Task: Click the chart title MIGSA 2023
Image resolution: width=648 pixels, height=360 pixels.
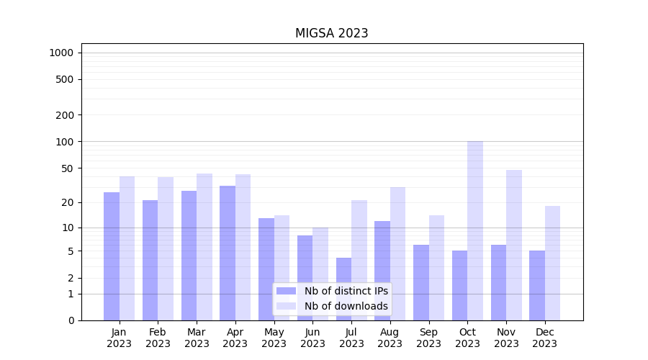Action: tap(331, 33)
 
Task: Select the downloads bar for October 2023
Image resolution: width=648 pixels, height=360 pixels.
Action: tap(475, 230)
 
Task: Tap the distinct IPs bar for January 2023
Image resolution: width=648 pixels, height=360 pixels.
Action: tap(112, 256)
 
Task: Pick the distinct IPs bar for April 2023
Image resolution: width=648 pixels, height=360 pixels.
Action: tap(228, 253)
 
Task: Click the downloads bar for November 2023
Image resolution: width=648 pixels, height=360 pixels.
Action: tap(514, 245)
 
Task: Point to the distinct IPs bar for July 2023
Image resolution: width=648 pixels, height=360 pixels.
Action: tap(343, 289)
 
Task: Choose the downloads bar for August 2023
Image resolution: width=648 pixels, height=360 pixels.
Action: tap(397, 253)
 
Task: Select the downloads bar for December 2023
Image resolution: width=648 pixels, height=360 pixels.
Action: tap(552, 263)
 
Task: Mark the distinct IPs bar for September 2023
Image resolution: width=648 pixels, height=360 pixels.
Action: tap(421, 282)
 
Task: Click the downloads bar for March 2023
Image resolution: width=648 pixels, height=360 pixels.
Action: tap(204, 246)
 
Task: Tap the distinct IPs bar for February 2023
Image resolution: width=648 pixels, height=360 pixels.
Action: tap(150, 260)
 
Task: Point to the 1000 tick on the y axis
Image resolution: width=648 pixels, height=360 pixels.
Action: tap(61, 53)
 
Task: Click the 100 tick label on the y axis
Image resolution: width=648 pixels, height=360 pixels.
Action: tap(65, 142)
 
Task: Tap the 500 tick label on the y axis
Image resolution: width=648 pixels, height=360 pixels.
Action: tap(65, 79)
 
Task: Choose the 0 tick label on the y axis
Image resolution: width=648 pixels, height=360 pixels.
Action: tap(71, 320)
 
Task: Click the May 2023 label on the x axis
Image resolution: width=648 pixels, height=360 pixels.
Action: tap(274, 338)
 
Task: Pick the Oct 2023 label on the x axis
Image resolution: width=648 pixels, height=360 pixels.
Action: tap(467, 338)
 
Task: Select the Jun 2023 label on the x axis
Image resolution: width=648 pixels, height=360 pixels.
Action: tap(312, 338)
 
